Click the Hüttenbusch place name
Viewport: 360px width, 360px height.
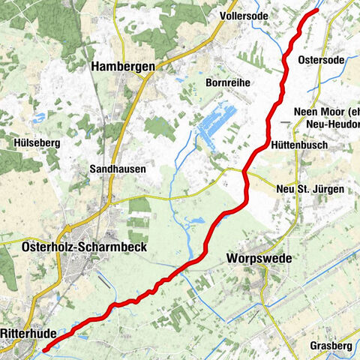point(300,145)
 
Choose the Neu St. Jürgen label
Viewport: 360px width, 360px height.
point(310,190)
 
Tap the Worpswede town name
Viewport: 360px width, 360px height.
point(259,259)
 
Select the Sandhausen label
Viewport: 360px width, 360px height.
point(116,169)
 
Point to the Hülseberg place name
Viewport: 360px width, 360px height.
point(37,142)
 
